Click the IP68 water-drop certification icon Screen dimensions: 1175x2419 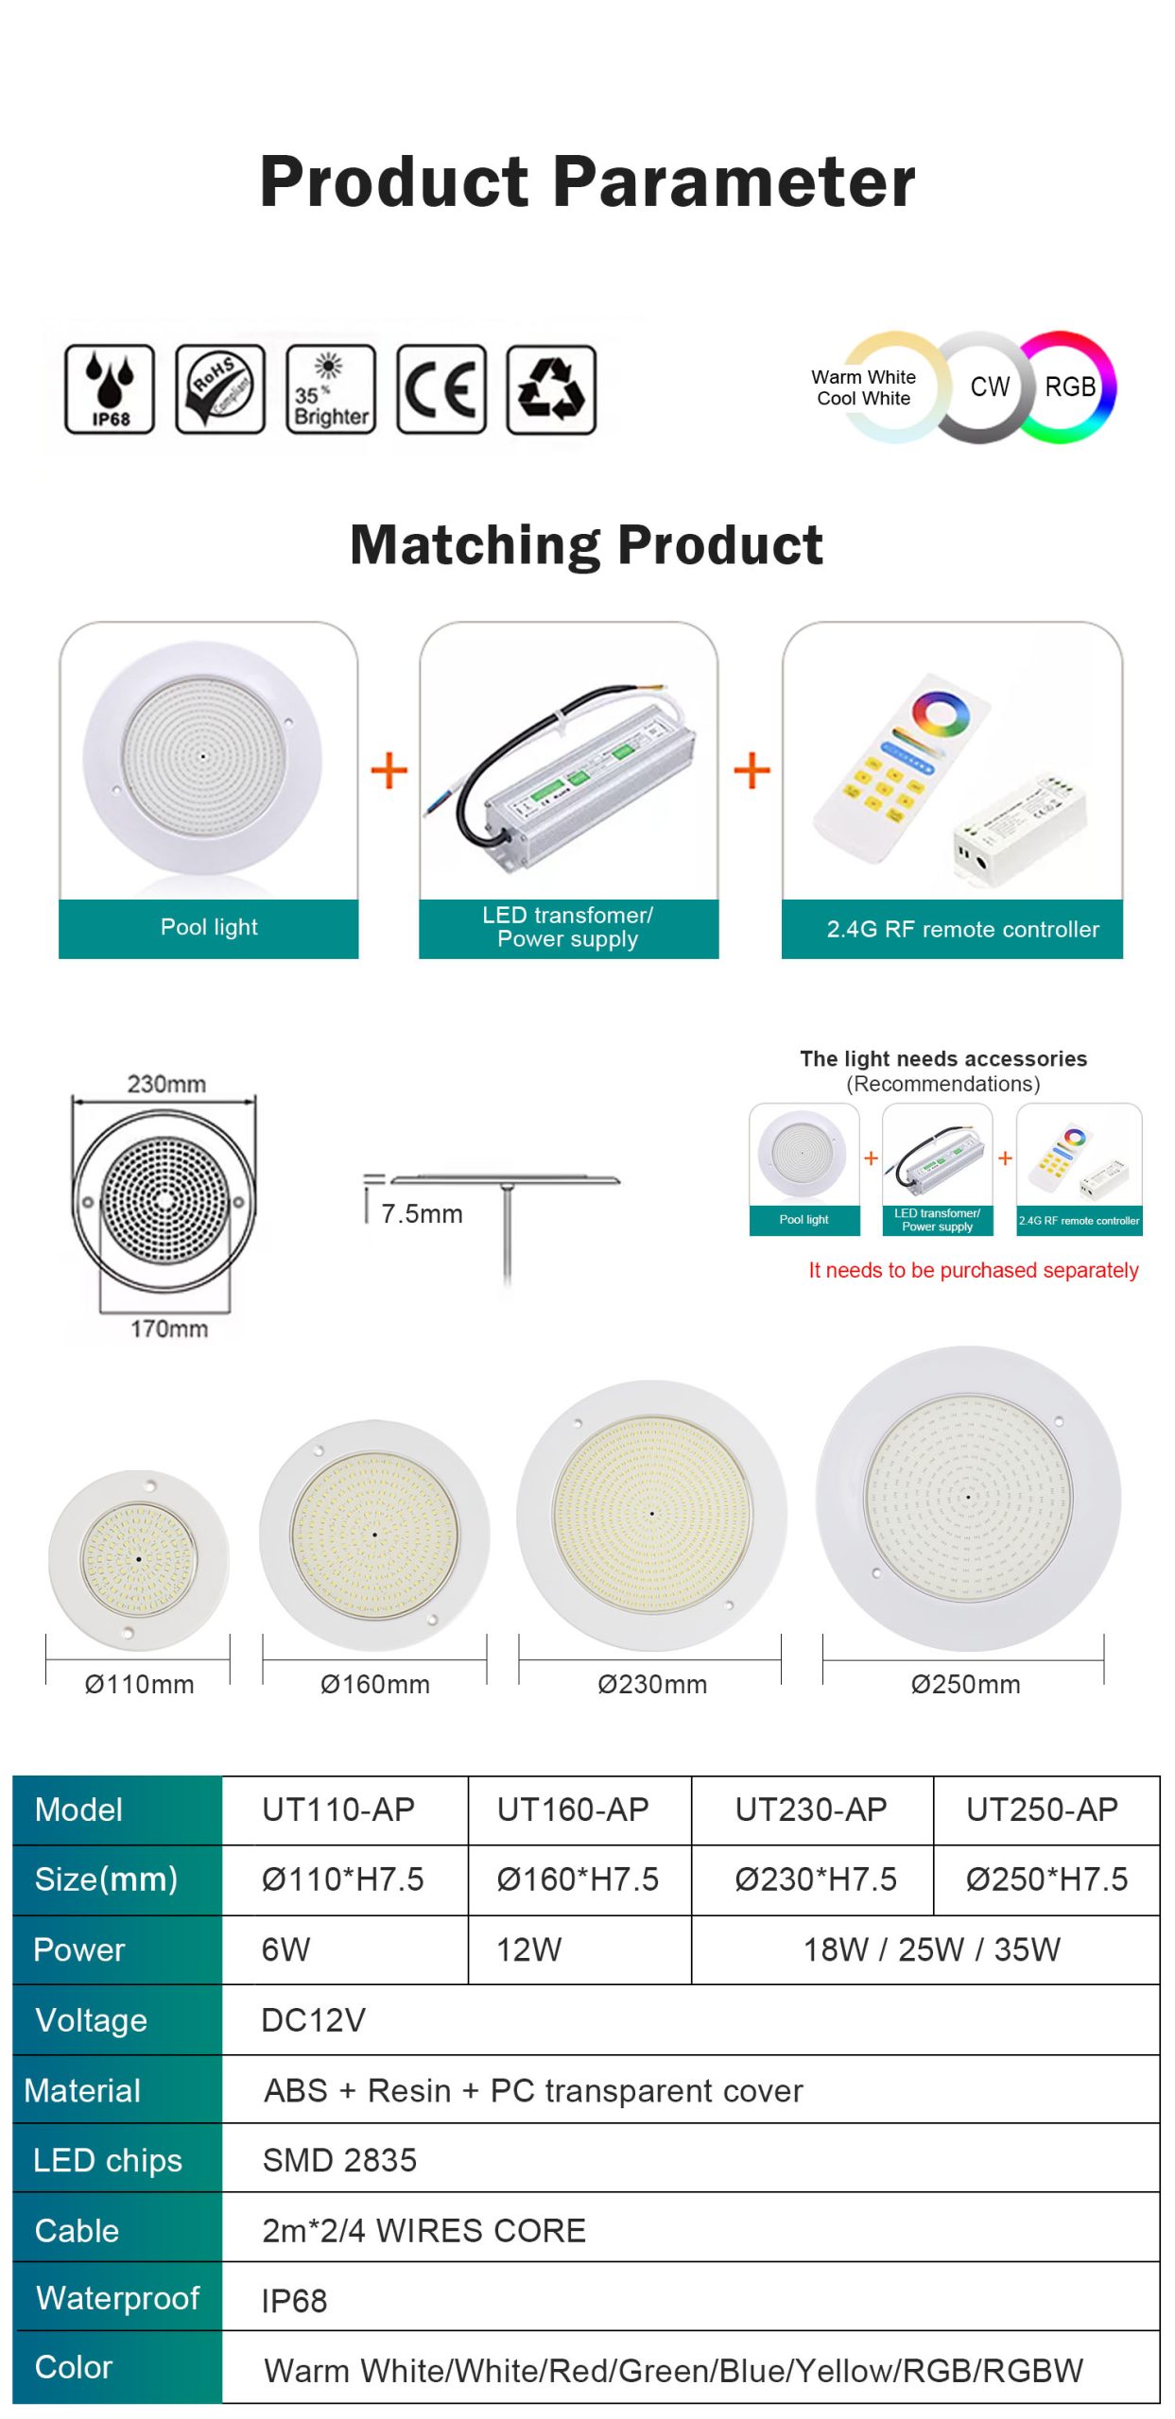[x=110, y=389]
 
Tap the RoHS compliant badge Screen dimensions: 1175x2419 [x=220, y=389]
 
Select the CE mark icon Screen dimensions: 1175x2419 [x=441, y=389]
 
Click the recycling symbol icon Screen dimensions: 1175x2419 [x=552, y=389]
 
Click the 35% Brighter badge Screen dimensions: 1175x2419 [x=331, y=389]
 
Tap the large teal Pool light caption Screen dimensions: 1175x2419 [x=209, y=927]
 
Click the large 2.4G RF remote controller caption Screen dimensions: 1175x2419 [x=962, y=929]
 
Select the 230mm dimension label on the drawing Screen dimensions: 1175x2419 [x=166, y=1083]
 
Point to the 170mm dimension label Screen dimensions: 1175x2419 [x=169, y=1329]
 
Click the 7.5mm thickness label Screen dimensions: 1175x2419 [x=422, y=1213]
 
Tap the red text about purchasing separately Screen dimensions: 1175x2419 [x=973, y=1270]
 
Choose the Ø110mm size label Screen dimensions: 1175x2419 [x=139, y=1684]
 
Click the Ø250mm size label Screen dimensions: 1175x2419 [x=965, y=1684]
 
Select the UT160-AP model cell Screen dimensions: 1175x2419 [x=573, y=1810]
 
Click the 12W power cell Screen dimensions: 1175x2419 [x=529, y=1949]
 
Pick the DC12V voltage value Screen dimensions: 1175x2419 [x=313, y=2020]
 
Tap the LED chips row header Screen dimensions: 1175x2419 [x=107, y=2160]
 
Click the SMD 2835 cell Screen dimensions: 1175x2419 [x=339, y=2160]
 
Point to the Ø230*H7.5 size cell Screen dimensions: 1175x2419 [x=816, y=1879]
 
